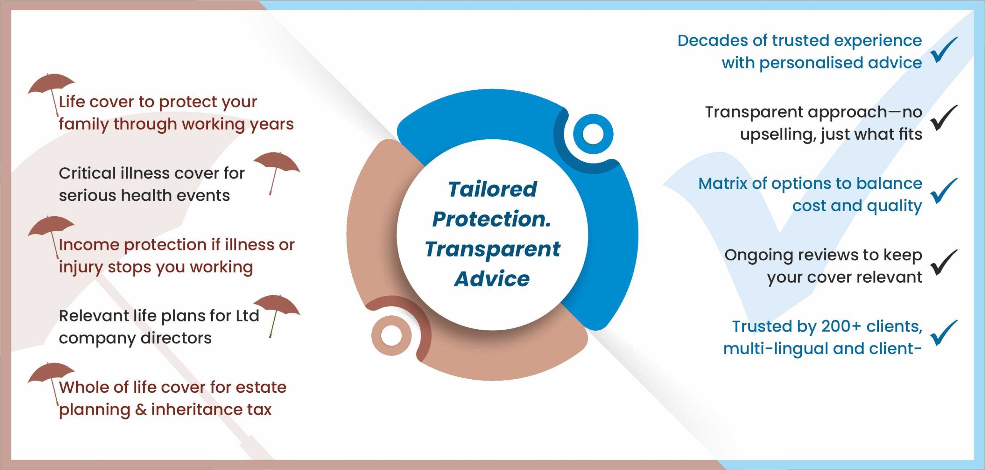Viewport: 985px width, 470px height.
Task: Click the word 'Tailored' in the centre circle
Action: coord(492,189)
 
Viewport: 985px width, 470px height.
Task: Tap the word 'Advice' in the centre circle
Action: coord(492,279)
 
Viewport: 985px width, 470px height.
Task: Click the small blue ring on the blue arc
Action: coord(593,134)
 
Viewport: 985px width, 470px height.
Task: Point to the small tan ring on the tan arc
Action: coord(391,335)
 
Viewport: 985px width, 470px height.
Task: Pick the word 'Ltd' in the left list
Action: coord(247,316)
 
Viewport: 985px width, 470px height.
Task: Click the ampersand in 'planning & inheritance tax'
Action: coord(141,410)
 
